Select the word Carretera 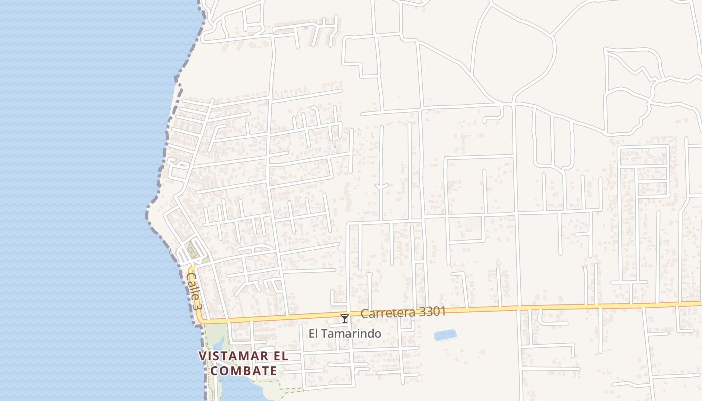(x=382, y=313)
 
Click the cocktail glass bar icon (x=345, y=318)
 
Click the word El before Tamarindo (x=314, y=333)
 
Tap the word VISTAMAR (x=230, y=356)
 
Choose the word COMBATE (x=244, y=371)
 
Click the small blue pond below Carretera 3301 (x=445, y=335)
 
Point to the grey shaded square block (x=473, y=224)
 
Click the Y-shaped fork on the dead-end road (x=382, y=186)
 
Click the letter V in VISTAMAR (x=203, y=356)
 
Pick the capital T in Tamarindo (x=324, y=333)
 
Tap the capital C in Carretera (x=364, y=314)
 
